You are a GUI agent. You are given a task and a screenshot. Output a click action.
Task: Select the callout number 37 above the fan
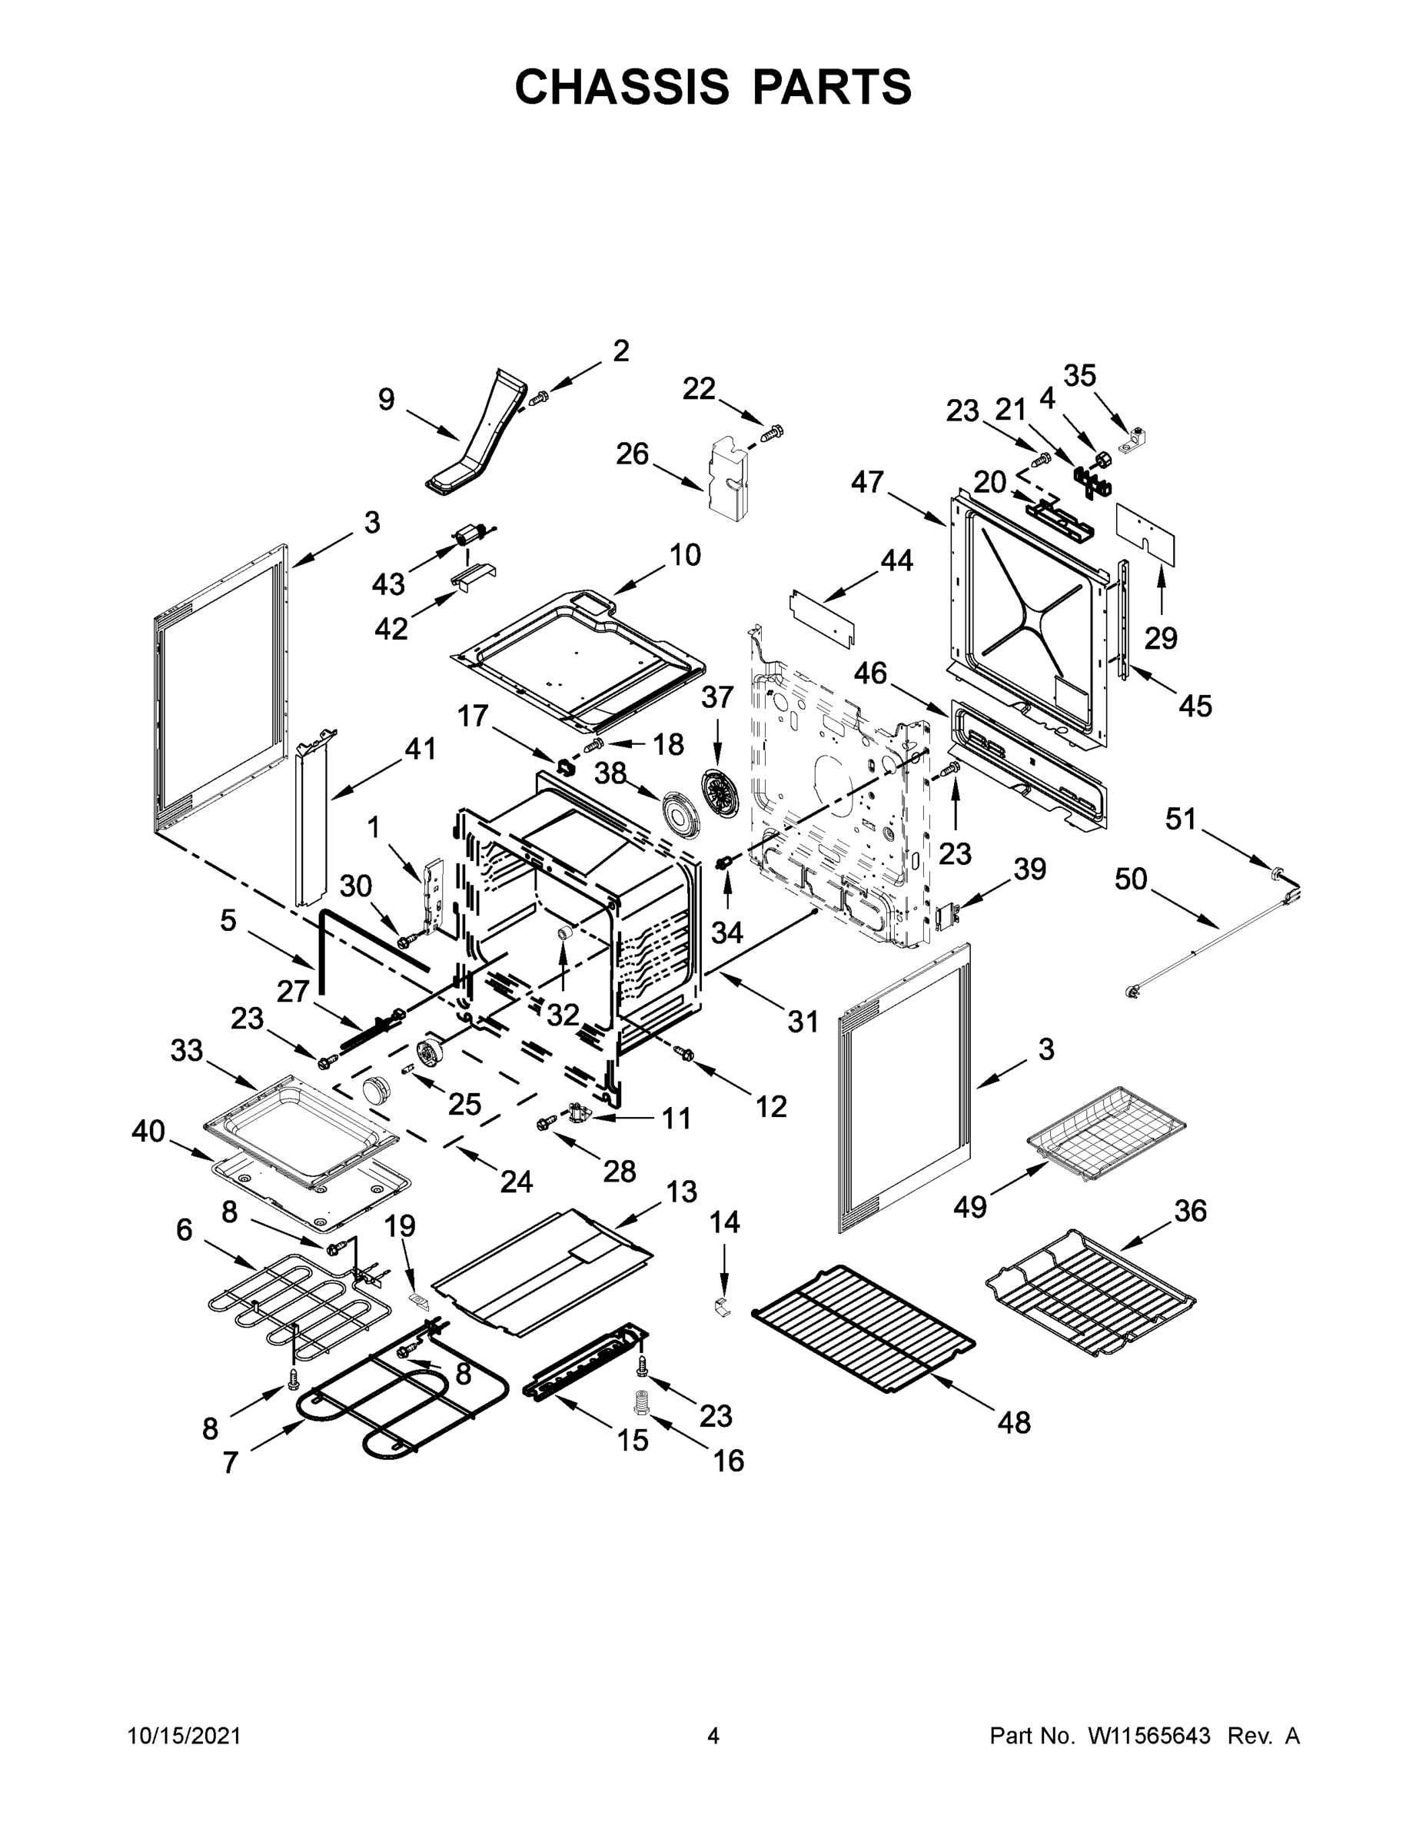pyautogui.click(x=716, y=697)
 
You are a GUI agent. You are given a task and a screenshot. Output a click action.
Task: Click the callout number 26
pyautogui.click(x=632, y=454)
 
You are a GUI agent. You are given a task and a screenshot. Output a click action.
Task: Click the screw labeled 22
pyautogui.click(x=771, y=434)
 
